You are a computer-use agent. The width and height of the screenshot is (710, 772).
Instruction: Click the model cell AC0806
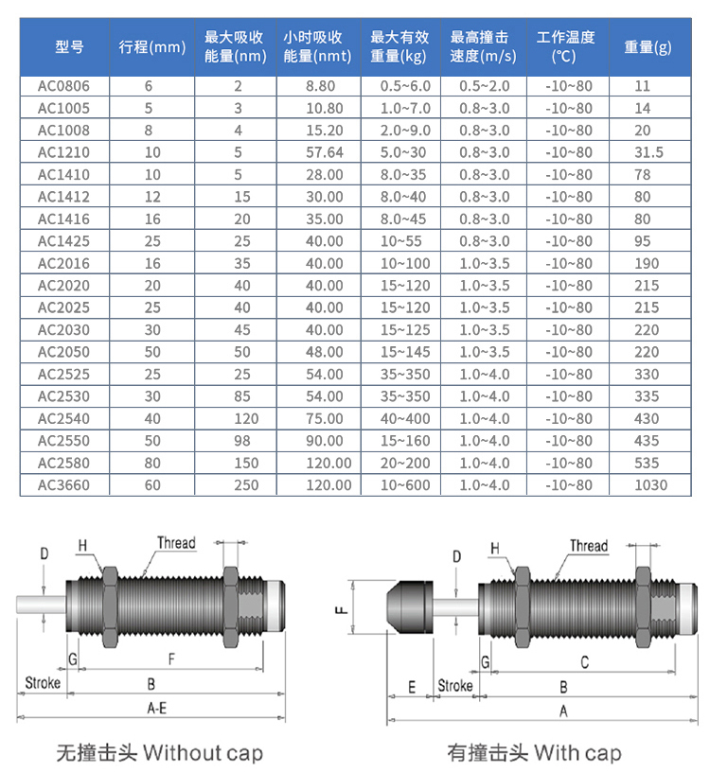[x=63, y=85]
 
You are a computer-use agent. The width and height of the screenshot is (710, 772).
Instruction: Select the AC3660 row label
[x=63, y=485]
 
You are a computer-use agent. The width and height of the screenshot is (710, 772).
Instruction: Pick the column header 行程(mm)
[x=151, y=47]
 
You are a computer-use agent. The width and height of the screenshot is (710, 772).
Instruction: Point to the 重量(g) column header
[x=648, y=47]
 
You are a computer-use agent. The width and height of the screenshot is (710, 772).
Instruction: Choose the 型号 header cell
[x=69, y=47]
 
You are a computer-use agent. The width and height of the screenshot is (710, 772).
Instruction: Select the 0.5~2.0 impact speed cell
[x=484, y=85]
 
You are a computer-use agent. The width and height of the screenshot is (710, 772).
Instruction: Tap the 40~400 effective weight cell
[x=405, y=418]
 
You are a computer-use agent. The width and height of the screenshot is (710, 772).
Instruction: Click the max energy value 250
[x=239, y=485]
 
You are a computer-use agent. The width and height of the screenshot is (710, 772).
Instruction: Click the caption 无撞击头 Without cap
[x=159, y=753]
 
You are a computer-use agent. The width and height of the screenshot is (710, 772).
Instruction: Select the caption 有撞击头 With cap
[x=534, y=753]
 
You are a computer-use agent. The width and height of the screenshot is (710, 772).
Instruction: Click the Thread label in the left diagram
[x=176, y=543]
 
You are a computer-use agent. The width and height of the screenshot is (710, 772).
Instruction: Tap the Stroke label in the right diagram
[x=454, y=686]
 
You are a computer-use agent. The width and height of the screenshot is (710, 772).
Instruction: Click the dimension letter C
[x=584, y=662]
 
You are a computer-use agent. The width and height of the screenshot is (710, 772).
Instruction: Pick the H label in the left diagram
[x=82, y=545]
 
